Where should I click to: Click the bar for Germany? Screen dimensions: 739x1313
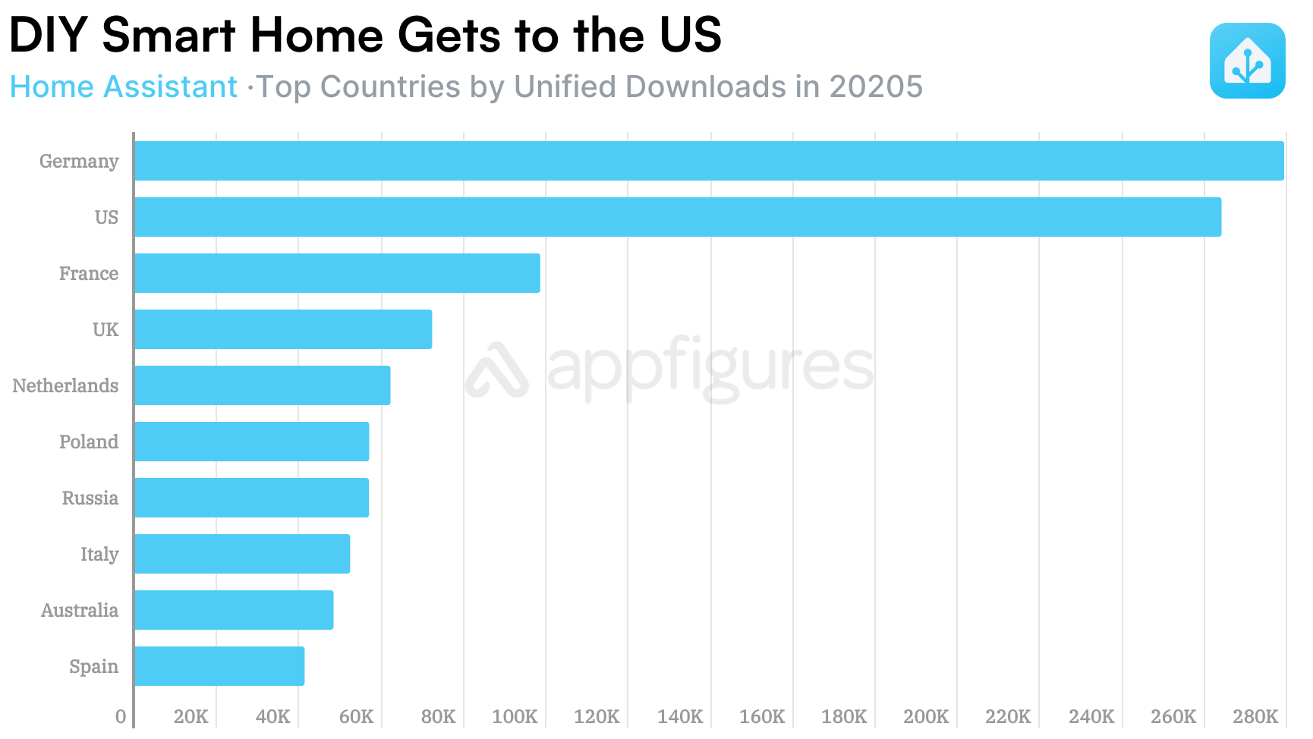[709, 161]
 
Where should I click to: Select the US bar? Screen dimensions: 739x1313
[677, 217]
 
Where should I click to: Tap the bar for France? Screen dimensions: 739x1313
[337, 273]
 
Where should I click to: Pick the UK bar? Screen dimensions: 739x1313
[283, 329]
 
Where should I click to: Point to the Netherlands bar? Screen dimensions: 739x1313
[262, 385]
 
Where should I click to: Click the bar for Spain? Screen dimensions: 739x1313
[219, 666]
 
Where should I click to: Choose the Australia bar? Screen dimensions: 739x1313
[234, 610]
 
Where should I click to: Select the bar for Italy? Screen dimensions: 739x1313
[242, 554]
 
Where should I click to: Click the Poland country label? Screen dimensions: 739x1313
[89, 442]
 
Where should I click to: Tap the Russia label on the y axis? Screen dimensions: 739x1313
[90, 498]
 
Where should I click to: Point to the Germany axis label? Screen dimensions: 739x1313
[79, 162]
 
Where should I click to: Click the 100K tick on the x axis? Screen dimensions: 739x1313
[515, 716]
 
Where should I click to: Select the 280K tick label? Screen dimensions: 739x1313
[1255, 716]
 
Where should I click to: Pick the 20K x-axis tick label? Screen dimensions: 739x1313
[190, 716]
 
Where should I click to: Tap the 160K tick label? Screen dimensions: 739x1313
[762, 716]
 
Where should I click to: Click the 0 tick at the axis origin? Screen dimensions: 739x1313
[121, 716]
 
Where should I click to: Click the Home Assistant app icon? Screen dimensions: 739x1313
[1247, 61]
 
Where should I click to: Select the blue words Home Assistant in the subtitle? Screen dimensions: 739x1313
[124, 87]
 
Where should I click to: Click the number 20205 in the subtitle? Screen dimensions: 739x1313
[876, 87]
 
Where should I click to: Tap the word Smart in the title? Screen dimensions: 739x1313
[168, 35]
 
